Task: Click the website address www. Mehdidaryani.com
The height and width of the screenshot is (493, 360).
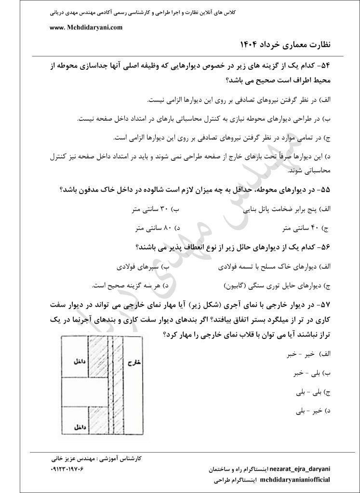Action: pos(86,27)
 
